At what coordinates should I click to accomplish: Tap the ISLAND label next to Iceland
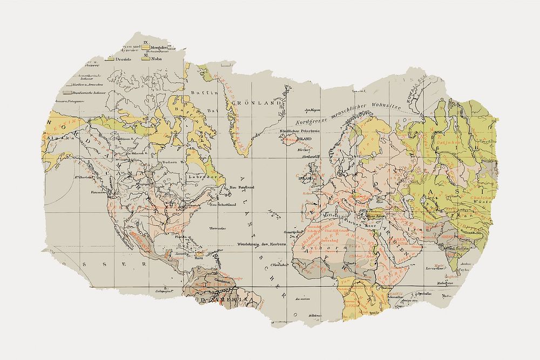(x=305, y=138)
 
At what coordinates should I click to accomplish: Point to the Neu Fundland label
(x=242, y=187)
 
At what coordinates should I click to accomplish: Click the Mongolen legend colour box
(x=145, y=47)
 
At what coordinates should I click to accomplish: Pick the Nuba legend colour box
(x=145, y=58)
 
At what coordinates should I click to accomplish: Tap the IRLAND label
(x=306, y=176)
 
